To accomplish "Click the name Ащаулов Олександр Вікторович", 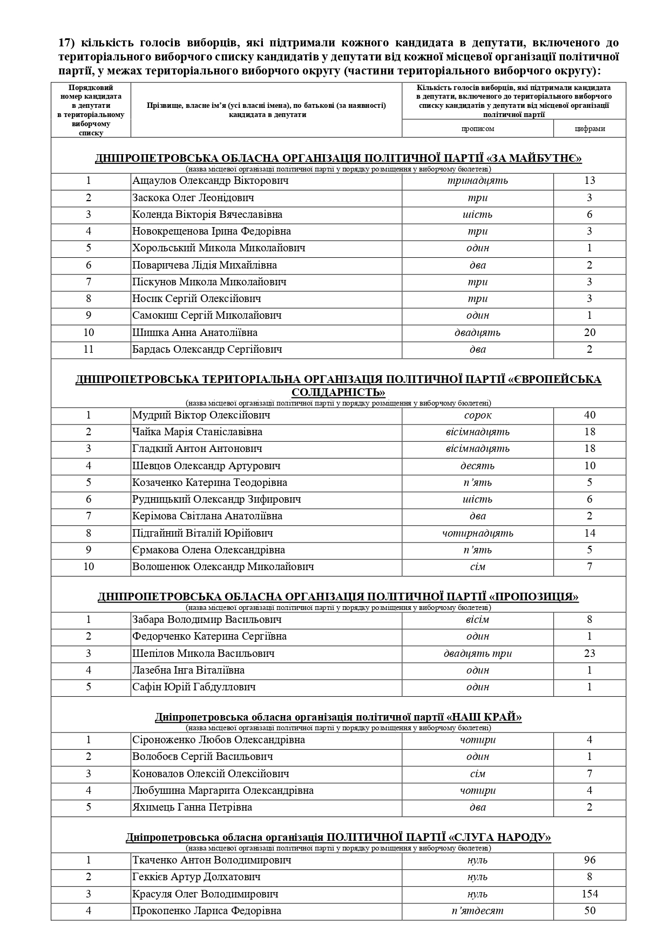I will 211,181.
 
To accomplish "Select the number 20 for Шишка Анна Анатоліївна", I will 590,332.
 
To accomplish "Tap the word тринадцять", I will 477,181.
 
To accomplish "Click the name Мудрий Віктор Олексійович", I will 201,415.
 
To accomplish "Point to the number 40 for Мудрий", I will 590,415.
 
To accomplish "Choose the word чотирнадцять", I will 477,533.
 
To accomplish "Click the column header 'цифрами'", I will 590,128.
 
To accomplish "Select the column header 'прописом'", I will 477,128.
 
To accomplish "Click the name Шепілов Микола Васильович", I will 204,654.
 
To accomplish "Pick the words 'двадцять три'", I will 477,654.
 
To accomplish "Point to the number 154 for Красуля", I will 590,894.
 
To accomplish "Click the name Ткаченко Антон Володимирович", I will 212,860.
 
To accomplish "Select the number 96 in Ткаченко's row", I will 590,860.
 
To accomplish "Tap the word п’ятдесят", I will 477,911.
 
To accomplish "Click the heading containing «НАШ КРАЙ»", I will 338,717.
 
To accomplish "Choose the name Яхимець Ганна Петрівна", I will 192,807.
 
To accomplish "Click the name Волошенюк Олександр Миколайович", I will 223,567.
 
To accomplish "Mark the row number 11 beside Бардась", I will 89,349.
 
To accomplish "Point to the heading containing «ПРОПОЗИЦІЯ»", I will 338,597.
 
